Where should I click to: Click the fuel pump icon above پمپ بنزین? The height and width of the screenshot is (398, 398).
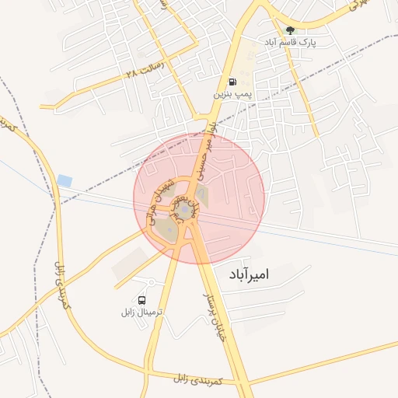click(232, 82)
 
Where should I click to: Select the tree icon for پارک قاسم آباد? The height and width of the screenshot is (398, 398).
click(290, 31)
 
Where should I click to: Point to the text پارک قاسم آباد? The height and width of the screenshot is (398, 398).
click(291, 43)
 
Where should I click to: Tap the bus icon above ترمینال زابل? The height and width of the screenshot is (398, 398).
click(141, 299)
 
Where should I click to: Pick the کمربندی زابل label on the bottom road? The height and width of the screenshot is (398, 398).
click(200, 380)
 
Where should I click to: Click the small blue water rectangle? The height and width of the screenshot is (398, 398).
click(65, 180)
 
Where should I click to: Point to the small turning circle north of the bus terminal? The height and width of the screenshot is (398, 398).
click(151, 281)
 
